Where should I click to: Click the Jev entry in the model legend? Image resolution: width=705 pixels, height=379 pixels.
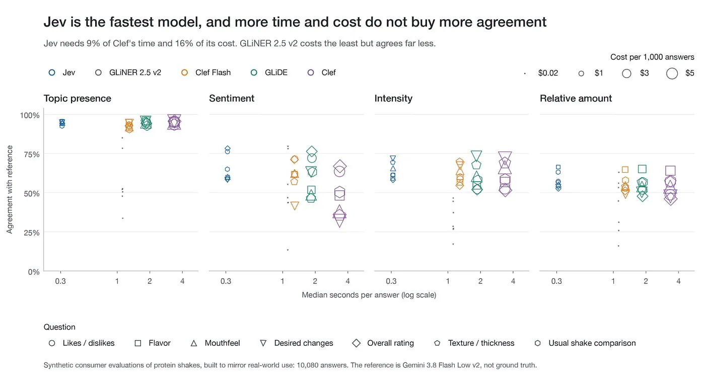pos(62,72)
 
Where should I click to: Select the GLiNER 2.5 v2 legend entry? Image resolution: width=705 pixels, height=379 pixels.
pos(128,72)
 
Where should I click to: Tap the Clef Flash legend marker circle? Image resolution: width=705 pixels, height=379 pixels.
pos(185,72)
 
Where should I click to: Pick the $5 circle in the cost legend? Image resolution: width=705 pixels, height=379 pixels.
pos(672,73)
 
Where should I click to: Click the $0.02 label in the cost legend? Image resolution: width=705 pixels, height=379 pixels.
pos(548,73)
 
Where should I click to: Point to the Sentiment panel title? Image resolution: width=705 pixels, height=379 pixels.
pos(232,99)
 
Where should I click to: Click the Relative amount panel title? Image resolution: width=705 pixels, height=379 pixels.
pos(576,99)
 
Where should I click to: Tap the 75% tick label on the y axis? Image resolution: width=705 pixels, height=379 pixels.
pos(31,155)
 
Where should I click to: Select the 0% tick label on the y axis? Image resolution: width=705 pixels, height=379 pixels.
pos(34,272)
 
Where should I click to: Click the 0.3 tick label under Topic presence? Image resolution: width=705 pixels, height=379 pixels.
pos(60,281)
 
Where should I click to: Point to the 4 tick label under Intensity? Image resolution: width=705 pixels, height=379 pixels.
pos(513,281)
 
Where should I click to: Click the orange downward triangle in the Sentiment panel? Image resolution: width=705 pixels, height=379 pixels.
pos(295,206)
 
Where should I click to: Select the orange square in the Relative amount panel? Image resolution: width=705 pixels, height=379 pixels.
pos(625,170)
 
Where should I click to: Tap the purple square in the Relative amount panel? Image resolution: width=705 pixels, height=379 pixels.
pos(670,171)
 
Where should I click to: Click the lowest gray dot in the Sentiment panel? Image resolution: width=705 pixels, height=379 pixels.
pos(288,250)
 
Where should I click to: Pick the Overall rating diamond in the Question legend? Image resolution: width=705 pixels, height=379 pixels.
pos(357,343)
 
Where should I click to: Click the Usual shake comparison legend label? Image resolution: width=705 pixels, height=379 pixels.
pos(592,343)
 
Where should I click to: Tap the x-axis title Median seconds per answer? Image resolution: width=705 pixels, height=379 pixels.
pos(369,295)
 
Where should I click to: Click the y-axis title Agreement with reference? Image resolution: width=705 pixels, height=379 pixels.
pos(10,189)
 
